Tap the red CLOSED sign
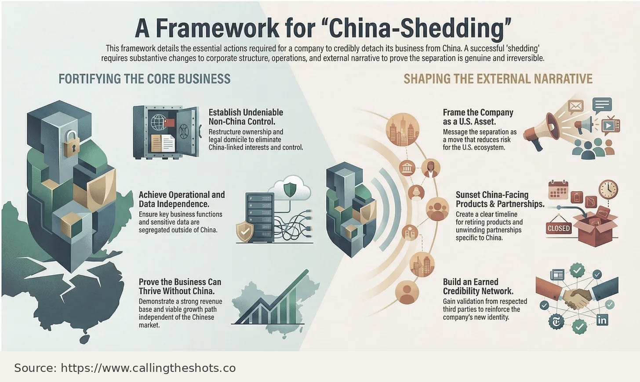[x=558, y=228]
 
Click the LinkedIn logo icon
[x=602, y=320]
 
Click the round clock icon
[x=608, y=189]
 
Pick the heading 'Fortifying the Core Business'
[x=144, y=79]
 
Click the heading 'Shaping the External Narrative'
[x=498, y=79]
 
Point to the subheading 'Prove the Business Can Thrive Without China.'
[x=180, y=286]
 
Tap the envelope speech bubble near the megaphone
[x=575, y=106]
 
